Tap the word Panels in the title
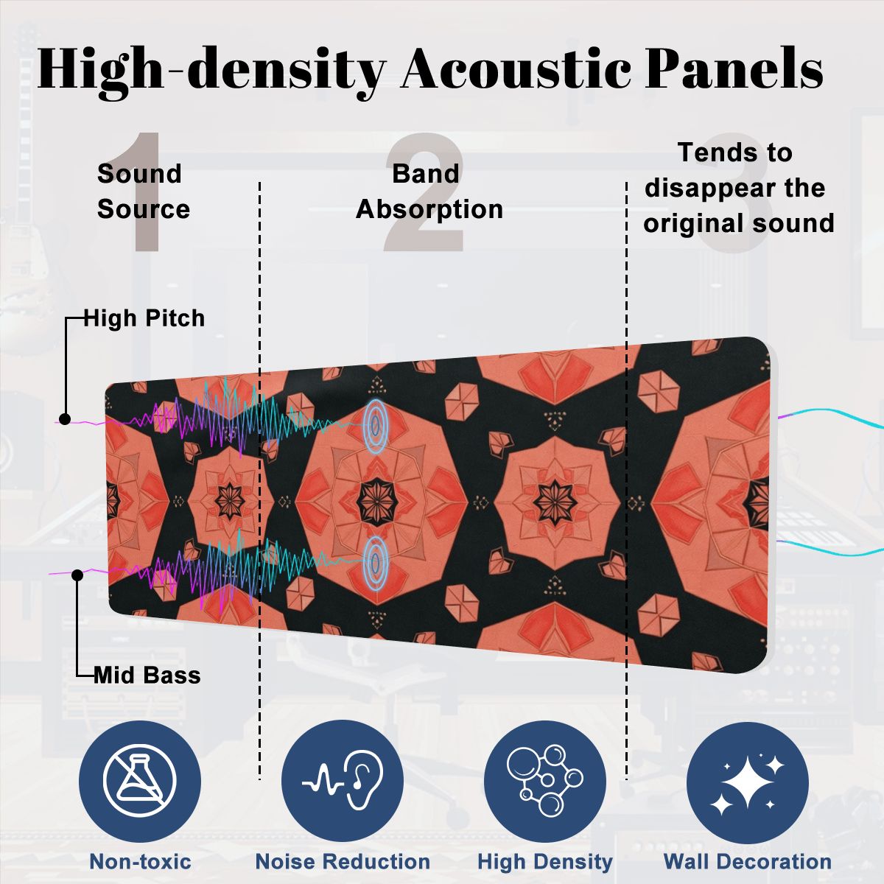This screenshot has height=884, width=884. click(x=734, y=68)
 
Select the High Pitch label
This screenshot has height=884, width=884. click(x=144, y=318)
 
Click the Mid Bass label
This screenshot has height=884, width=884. click(x=147, y=676)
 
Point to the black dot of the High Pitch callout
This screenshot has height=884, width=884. click(x=65, y=419)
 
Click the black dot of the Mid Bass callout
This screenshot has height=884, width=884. click(x=77, y=575)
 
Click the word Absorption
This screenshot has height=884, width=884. click(x=429, y=209)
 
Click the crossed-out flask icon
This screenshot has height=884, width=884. click(x=140, y=782)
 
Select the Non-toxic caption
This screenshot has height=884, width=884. click(x=141, y=861)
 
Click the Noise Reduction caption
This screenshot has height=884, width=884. click(x=343, y=861)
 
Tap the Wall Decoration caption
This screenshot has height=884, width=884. click(x=748, y=861)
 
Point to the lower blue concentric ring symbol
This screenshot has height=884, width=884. click(x=375, y=562)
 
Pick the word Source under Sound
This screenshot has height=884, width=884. click(x=144, y=209)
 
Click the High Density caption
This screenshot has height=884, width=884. click(x=545, y=861)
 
